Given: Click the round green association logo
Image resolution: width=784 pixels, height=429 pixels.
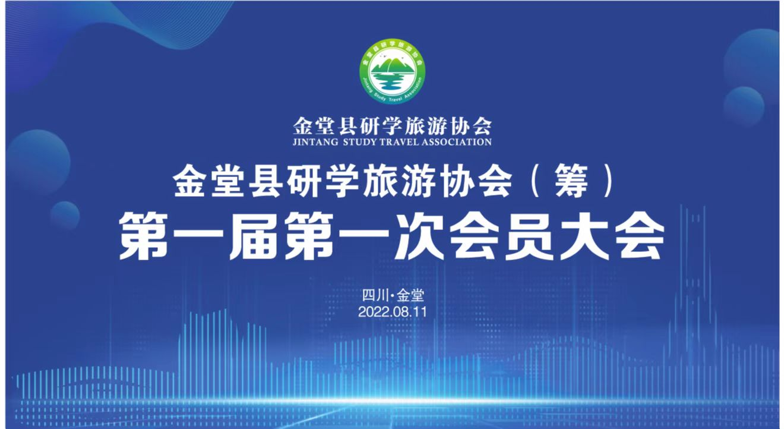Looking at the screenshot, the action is click(393, 71).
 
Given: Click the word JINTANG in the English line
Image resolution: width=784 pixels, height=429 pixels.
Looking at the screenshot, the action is click(315, 142).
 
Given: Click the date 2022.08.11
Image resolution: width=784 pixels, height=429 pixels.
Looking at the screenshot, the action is click(393, 312).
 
